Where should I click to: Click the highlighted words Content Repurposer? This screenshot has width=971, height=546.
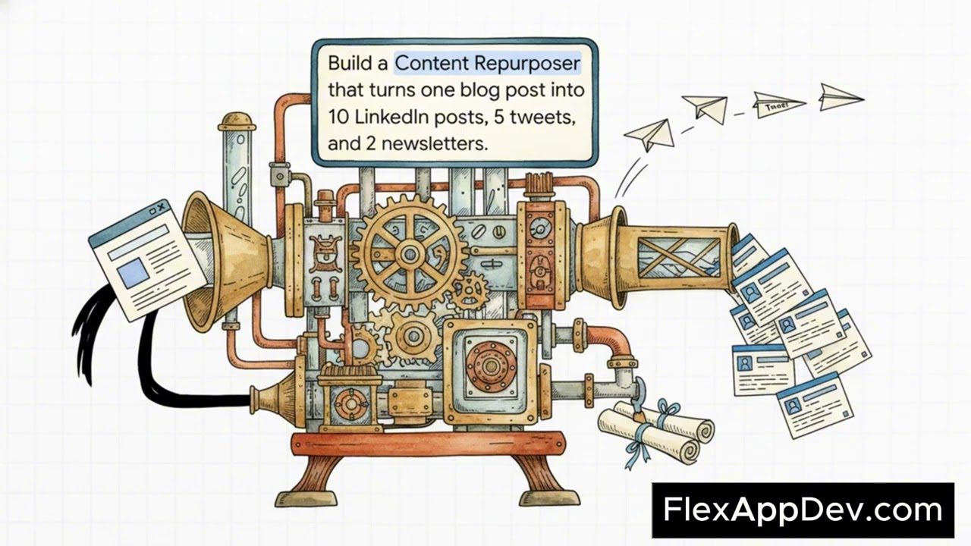[x=487, y=63]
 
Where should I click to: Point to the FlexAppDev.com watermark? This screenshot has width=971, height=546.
[x=803, y=510]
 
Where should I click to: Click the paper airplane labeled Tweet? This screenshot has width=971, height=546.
[x=779, y=105]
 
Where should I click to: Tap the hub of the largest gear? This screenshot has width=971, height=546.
[x=409, y=253]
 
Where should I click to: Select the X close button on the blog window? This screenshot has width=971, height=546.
[x=161, y=208]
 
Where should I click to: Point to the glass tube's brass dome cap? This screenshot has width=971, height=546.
[x=236, y=122]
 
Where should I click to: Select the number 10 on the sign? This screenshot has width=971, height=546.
[x=338, y=117]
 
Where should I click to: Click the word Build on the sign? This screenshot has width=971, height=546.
[x=350, y=63]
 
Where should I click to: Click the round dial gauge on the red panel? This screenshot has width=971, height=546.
[x=541, y=227]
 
